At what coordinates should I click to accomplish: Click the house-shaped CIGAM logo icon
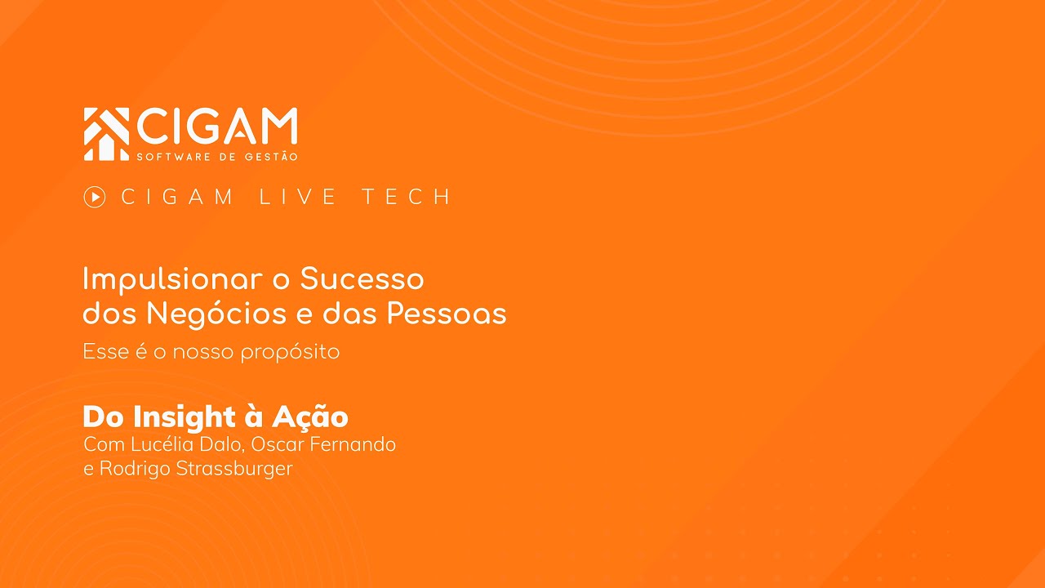click(106, 133)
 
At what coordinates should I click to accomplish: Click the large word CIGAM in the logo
click(217, 127)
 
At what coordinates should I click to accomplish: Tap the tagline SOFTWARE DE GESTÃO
click(217, 157)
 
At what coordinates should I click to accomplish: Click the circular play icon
click(95, 197)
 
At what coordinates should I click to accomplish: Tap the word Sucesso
click(362, 279)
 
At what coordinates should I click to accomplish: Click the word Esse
click(106, 352)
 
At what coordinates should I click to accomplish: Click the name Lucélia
click(153, 445)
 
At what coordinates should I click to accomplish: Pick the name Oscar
click(276, 445)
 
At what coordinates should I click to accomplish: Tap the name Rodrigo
click(136, 470)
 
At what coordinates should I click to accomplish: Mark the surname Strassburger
click(234, 470)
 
